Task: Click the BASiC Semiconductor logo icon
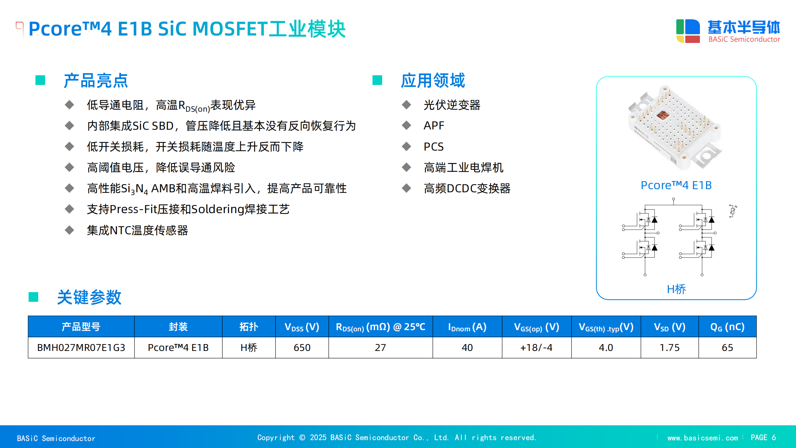pos(688,31)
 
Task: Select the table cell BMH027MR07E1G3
pos(81,348)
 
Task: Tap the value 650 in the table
pos(302,348)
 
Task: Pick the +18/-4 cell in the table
pos(536,348)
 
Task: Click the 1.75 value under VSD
pos(669,348)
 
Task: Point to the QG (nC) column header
pos(727,327)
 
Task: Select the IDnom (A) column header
pos(467,327)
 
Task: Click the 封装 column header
pos(178,327)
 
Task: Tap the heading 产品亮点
pos(96,81)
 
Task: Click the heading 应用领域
pos(433,81)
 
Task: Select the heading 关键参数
pos(89,297)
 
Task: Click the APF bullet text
pos(434,126)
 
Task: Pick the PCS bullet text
pos(434,147)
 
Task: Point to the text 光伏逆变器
pos(452,105)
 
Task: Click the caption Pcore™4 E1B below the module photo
pos(676,185)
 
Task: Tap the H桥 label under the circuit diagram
pos(676,289)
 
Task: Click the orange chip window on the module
pos(662,115)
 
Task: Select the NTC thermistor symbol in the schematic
pos(733,211)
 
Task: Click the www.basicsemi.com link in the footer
pos(703,438)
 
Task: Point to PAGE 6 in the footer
pos(763,437)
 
